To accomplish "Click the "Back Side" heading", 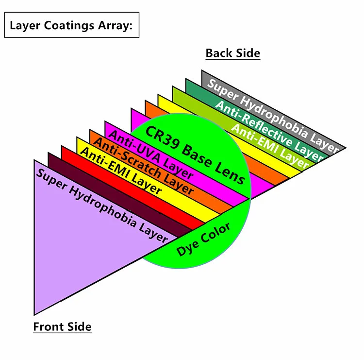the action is coord(233,53).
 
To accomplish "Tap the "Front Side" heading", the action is coord(62,326).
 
